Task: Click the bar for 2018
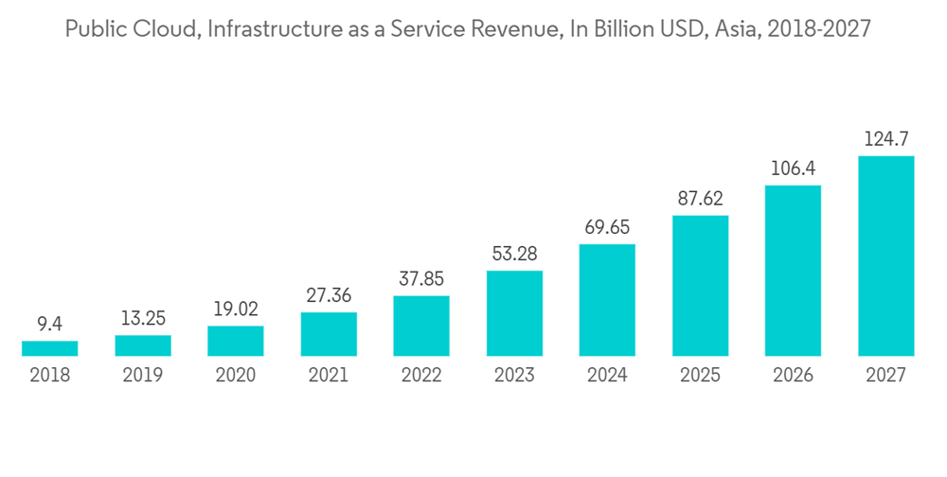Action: [49, 348]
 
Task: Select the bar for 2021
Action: [329, 334]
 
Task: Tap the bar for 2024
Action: [607, 300]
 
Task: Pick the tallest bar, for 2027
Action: [885, 256]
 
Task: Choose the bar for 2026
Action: [793, 271]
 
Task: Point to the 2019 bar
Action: [142, 345]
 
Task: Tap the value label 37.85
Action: [421, 280]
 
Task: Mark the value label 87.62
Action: [700, 200]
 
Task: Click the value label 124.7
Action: [886, 140]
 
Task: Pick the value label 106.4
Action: [793, 169]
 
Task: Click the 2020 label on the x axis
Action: [236, 376]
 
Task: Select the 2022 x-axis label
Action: [421, 376]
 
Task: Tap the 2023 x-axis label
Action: [514, 376]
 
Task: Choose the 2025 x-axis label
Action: [700, 376]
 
